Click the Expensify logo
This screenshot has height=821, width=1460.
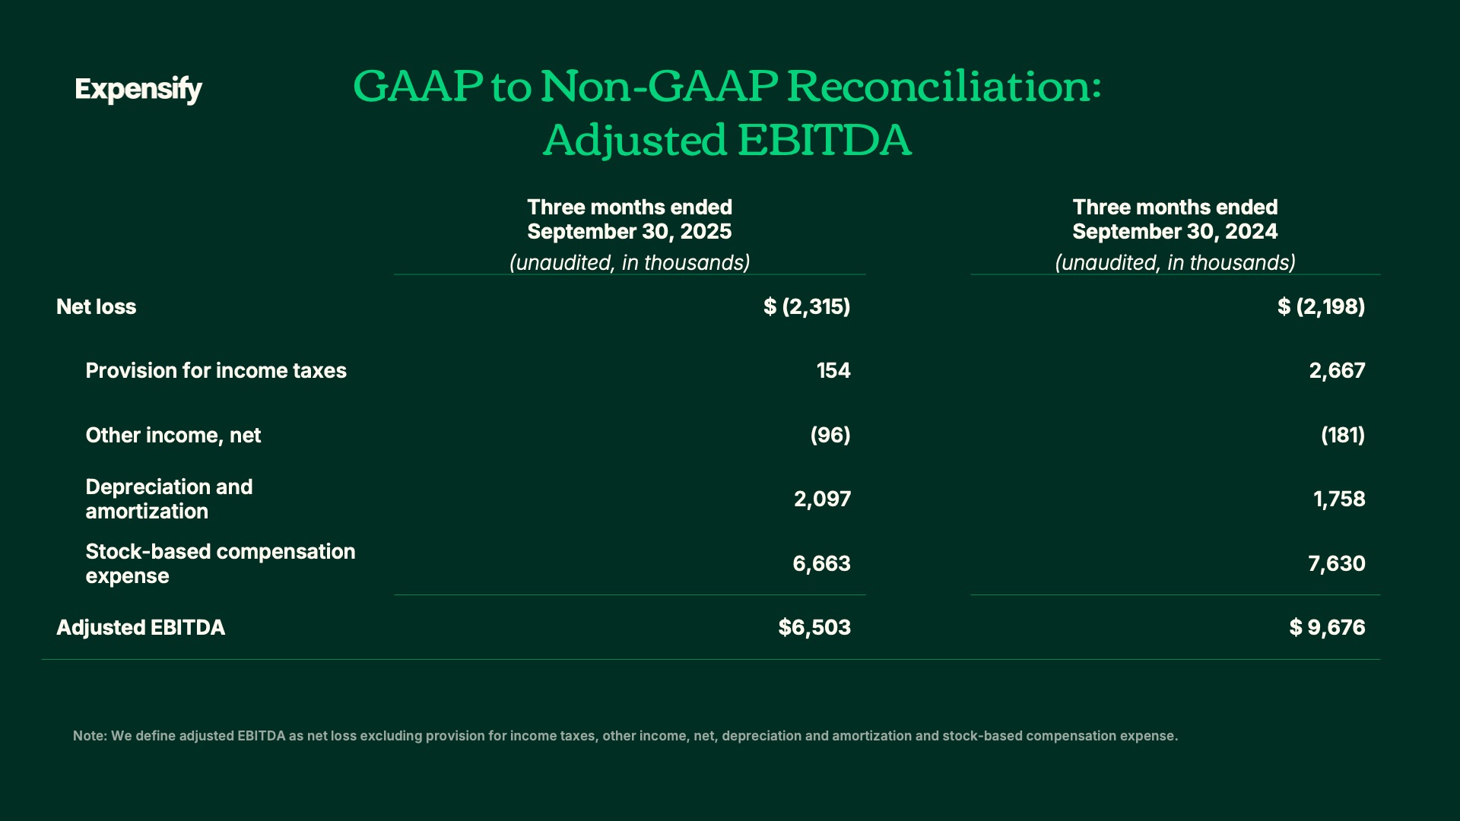(x=138, y=90)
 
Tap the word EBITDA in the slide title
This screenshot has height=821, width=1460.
(x=824, y=140)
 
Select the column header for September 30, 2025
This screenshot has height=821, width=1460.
(x=630, y=219)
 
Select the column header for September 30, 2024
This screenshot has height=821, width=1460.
(x=1175, y=219)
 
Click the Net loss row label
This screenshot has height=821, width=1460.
(x=97, y=307)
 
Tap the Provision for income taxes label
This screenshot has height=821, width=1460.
(x=216, y=371)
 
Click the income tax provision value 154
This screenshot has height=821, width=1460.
(x=833, y=371)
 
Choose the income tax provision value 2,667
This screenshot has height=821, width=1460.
(x=1337, y=371)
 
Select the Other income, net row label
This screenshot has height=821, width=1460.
(x=173, y=436)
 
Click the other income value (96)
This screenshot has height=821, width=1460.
(x=830, y=436)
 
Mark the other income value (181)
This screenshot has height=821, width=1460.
(x=1343, y=436)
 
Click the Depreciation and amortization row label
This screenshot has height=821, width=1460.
(x=169, y=499)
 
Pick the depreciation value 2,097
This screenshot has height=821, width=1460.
(x=822, y=499)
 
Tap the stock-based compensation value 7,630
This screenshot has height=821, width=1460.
(x=1337, y=564)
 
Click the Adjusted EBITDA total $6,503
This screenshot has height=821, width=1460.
(x=814, y=628)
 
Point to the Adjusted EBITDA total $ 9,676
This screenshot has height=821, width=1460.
(x=1327, y=628)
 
